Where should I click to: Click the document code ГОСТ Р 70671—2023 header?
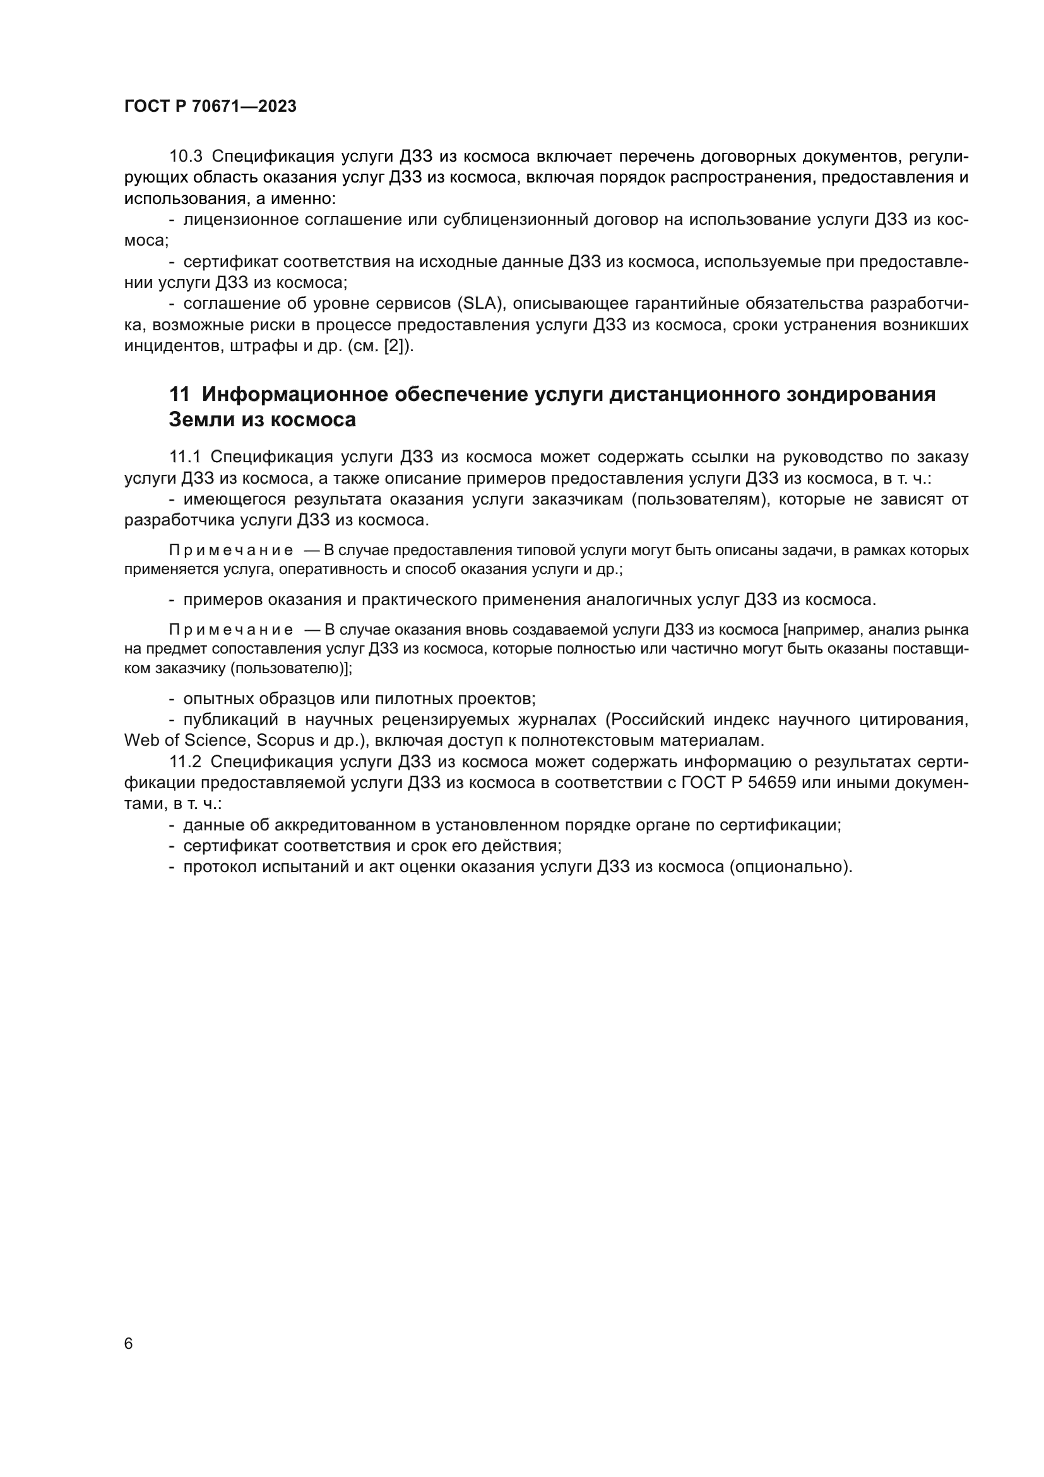(210, 107)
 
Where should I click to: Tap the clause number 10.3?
(186, 157)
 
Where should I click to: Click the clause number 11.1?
(185, 457)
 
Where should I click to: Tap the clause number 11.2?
(185, 762)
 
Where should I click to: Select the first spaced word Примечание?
(231, 551)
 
